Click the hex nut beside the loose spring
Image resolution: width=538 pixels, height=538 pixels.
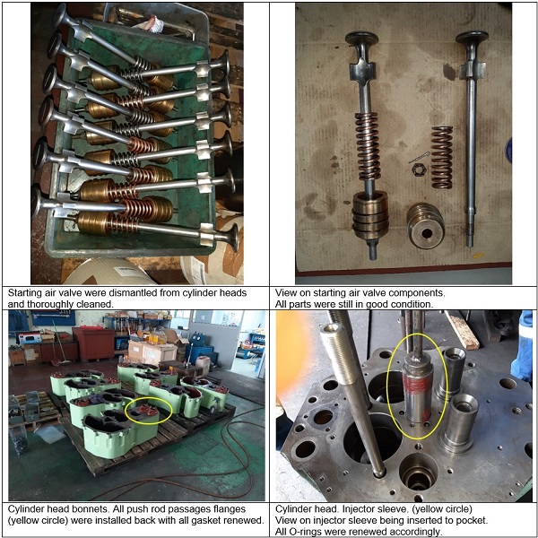click(419, 169)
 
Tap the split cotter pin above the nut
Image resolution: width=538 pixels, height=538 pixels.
click(420, 158)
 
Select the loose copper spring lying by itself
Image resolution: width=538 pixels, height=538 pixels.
click(442, 157)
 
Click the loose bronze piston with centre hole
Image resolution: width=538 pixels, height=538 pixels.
click(425, 225)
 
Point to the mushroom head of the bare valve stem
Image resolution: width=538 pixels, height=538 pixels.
click(472, 37)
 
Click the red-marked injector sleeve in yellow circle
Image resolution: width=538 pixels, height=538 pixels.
click(417, 389)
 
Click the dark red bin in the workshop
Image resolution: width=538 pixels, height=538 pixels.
click(93, 343)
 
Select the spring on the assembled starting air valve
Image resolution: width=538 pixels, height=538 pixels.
click(368, 146)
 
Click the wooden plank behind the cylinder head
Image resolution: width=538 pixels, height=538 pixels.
click(461, 329)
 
